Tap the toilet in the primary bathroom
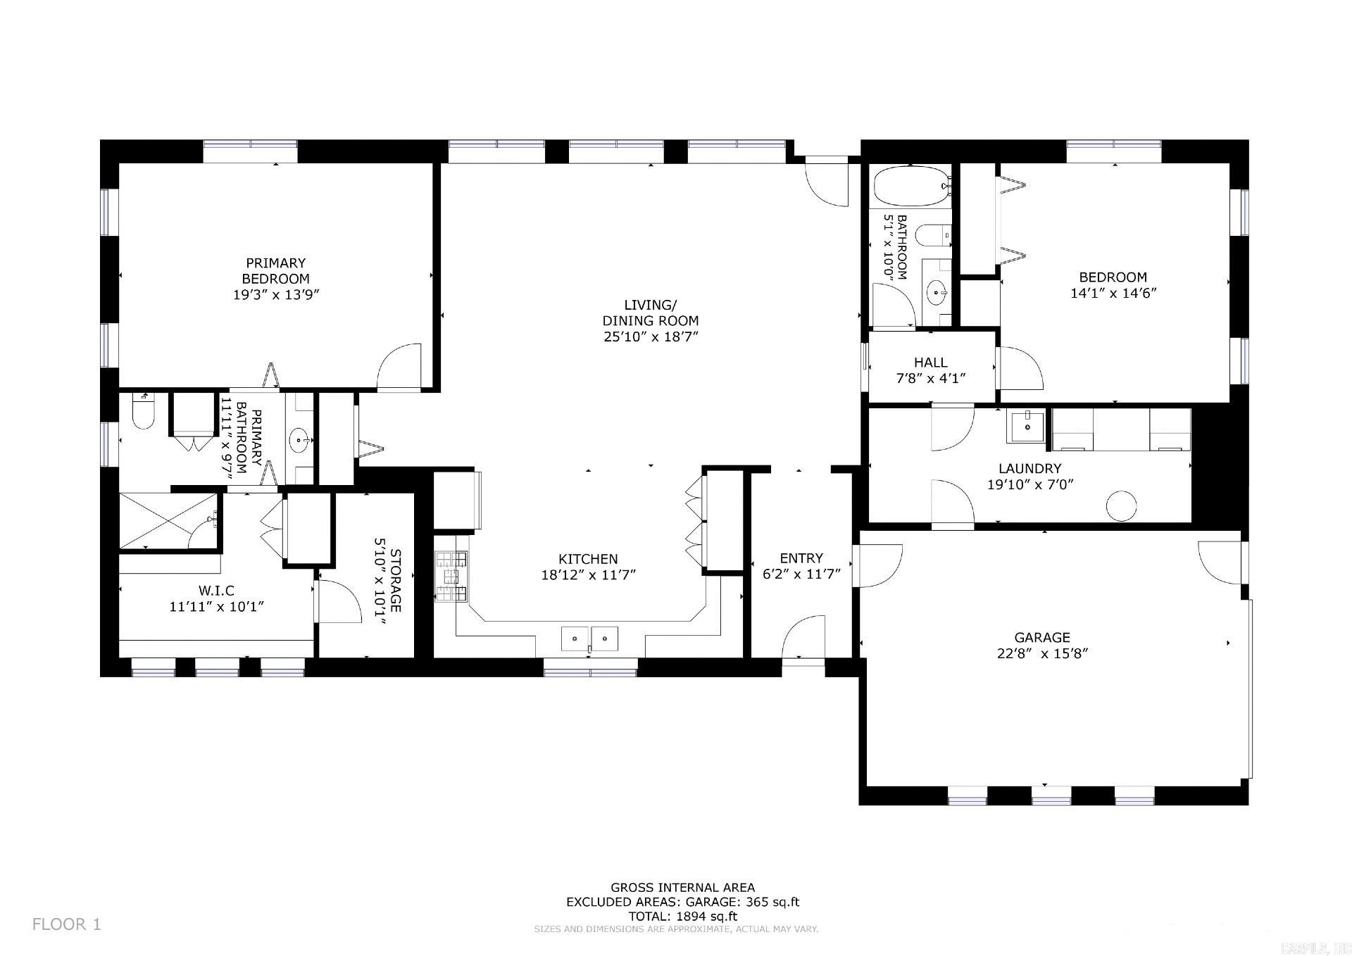point(142,413)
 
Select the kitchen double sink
point(589,639)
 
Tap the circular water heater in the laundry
point(1121,505)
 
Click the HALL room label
point(930,363)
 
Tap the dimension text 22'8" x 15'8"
point(1042,653)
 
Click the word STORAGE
point(395,581)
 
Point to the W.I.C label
point(215,591)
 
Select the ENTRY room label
point(801,558)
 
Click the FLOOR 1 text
point(67,924)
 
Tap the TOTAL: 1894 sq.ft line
point(682,917)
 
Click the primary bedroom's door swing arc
point(399,367)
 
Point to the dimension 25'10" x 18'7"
point(650,337)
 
